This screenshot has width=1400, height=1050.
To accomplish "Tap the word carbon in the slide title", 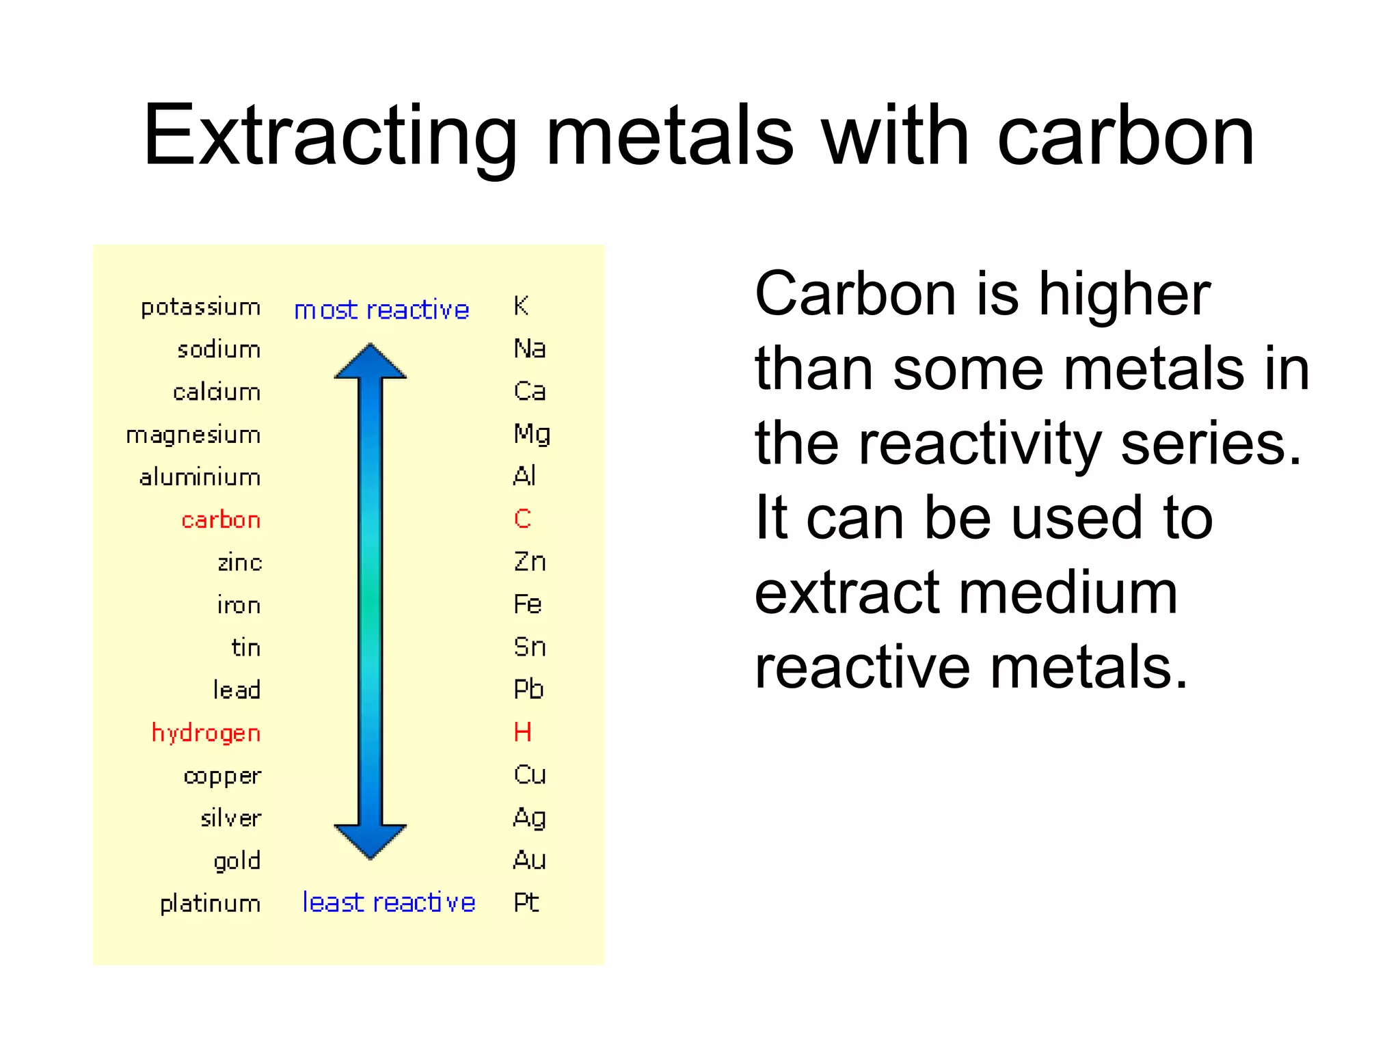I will point(1125,137).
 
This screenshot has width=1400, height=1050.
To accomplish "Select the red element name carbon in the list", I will point(221,520).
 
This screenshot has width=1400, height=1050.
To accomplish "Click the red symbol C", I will point(522,519).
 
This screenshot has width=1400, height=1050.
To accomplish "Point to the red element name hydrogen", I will point(206,733).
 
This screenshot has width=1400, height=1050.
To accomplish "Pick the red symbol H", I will point(522,732).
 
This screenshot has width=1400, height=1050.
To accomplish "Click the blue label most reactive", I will point(381,310).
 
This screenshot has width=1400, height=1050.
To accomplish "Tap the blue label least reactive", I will point(388,903).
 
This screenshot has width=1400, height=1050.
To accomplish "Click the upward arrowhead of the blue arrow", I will point(371,361).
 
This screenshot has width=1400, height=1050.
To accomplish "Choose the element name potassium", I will point(200,308).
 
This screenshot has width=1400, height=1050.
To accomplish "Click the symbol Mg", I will point(532,434).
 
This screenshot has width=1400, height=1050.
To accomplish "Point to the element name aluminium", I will point(200,477).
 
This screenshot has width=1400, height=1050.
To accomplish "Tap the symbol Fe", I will point(528,604).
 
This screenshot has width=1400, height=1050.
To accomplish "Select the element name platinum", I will point(210,904).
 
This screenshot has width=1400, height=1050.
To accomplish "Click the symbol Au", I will point(530,860).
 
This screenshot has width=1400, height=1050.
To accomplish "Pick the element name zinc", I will point(239,563).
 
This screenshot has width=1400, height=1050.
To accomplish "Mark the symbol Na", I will point(530,349).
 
